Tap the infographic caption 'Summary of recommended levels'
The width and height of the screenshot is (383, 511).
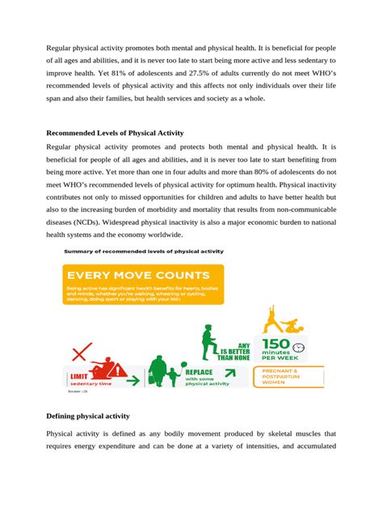tap(144, 251)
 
